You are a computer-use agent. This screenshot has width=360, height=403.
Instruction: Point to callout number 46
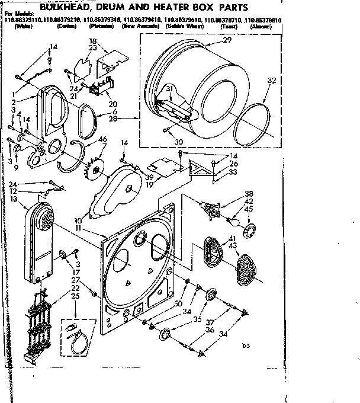[x=103, y=139]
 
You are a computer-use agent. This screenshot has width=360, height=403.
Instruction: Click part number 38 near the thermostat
[x=249, y=193]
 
